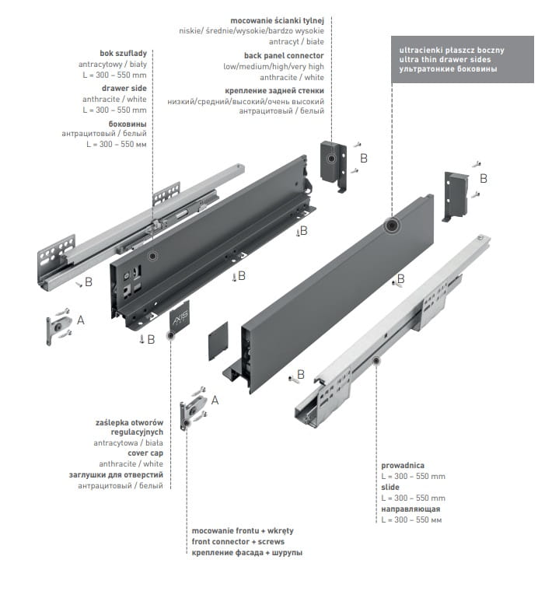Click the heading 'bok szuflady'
[123, 53]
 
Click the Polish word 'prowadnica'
[402, 465]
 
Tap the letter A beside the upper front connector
[80, 320]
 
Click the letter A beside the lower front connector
[215, 400]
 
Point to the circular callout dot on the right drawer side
[390, 226]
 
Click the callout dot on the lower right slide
[376, 360]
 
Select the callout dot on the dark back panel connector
[332, 159]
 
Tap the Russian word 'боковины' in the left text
[128, 124]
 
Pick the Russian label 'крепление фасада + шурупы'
[247, 552]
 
